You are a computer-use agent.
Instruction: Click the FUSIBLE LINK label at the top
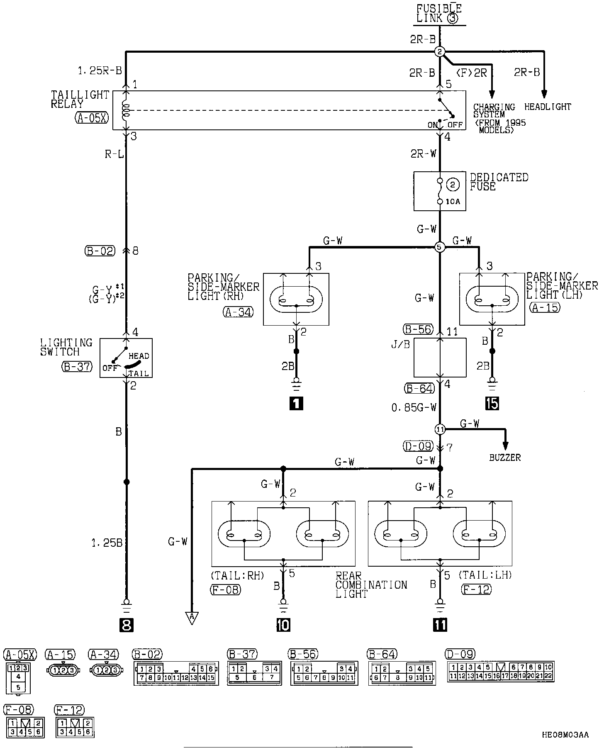(x=439, y=13)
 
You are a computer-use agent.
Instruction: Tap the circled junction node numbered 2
(x=440, y=51)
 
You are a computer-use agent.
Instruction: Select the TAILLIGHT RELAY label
(x=80, y=99)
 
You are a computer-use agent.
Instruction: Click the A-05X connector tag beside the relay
(x=92, y=118)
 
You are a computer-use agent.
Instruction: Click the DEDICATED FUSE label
(x=499, y=182)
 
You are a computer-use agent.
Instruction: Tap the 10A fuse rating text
(x=453, y=202)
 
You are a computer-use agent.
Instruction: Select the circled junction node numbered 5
(x=440, y=247)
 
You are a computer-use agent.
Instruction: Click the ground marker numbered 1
(x=296, y=403)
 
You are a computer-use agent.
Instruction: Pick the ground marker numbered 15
(x=492, y=403)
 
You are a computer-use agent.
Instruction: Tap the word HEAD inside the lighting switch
(x=139, y=356)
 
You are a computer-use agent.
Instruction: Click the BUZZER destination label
(x=504, y=458)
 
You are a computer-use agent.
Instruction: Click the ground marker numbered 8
(x=126, y=625)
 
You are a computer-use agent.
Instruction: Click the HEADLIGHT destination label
(x=548, y=107)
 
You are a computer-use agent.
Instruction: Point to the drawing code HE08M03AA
(x=565, y=735)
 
